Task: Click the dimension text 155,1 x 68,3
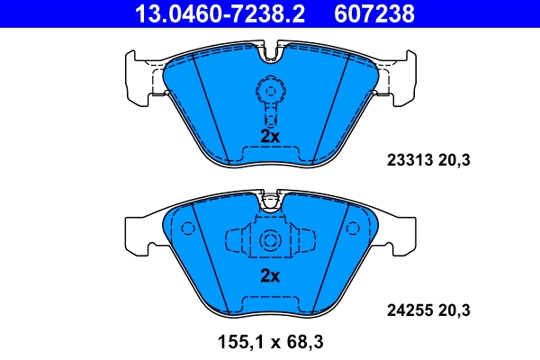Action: (x=269, y=342)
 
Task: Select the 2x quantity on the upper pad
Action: (x=270, y=136)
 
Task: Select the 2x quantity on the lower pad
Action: (x=270, y=275)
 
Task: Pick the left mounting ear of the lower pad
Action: (x=139, y=232)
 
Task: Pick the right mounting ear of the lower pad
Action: (x=400, y=232)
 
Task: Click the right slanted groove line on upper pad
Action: (x=334, y=103)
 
